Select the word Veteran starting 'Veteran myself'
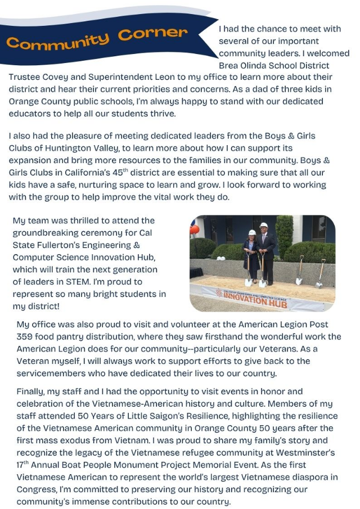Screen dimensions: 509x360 tap(35, 361)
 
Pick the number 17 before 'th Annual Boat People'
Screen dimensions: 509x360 tap(13, 465)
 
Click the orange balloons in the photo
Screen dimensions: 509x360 tap(195, 229)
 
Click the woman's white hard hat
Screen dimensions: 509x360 tap(252, 232)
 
